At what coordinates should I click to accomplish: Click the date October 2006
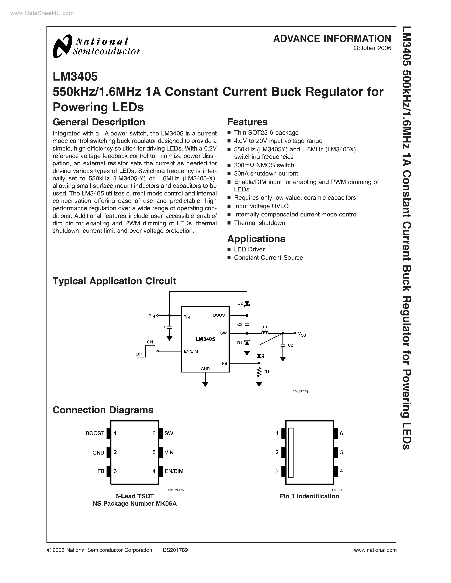coord(372,48)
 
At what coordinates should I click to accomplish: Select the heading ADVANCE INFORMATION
coord(332,39)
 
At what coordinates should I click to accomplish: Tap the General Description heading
coord(99,122)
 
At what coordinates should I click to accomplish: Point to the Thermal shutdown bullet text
coord(259,223)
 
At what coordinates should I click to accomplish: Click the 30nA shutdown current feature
coord(266,173)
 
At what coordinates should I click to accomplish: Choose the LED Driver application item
coord(249,249)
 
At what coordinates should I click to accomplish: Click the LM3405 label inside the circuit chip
coord(205,339)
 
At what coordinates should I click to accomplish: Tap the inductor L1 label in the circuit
coord(265,327)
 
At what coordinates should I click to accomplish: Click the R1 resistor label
coord(267,372)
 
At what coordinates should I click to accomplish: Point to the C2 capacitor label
coord(290,345)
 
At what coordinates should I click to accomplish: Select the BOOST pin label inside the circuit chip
coord(220,315)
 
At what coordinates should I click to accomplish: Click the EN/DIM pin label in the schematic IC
coord(191,351)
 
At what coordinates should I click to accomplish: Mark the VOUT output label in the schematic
coord(303,334)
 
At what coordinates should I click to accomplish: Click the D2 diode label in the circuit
coord(240,303)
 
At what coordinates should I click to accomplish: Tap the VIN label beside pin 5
coord(169,452)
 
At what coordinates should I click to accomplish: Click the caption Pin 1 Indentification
coord(309,496)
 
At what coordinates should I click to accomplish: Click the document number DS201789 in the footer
coord(175,550)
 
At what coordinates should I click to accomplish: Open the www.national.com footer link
coord(375,550)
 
